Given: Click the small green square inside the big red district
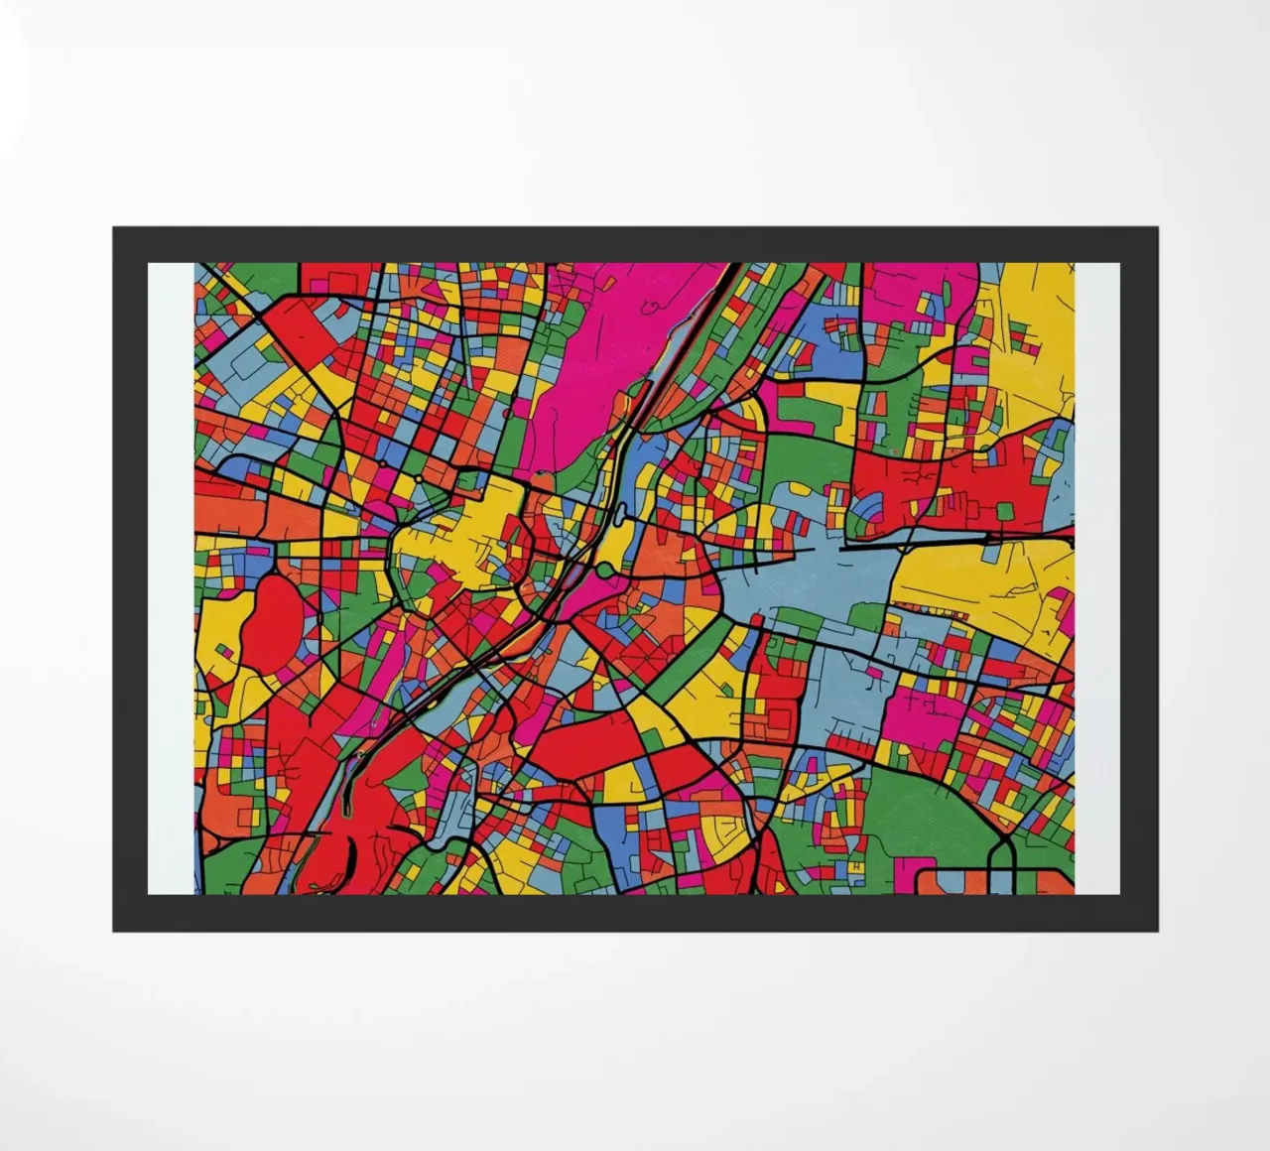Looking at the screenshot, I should [1003, 511].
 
